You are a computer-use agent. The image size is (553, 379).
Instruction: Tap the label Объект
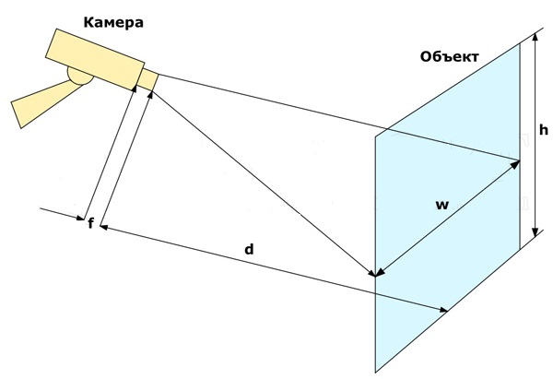pyautogui.click(x=449, y=57)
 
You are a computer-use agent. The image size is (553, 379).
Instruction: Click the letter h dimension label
pyautogui.click(x=543, y=131)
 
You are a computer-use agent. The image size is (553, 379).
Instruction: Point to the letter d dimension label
pyautogui.click(x=249, y=250)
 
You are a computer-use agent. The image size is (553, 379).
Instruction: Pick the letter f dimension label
pyautogui.click(x=90, y=222)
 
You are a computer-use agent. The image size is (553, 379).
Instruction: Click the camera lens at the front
pyautogui.click(x=148, y=80)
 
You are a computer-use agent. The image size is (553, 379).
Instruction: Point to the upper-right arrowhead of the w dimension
pyautogui.click(x=517, y=164)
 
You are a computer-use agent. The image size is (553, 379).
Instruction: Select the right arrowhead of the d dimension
pyautogui.click(x=446, y=312)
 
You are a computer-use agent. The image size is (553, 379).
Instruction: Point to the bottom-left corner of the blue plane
pyautogui.click(x=375, y=367)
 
